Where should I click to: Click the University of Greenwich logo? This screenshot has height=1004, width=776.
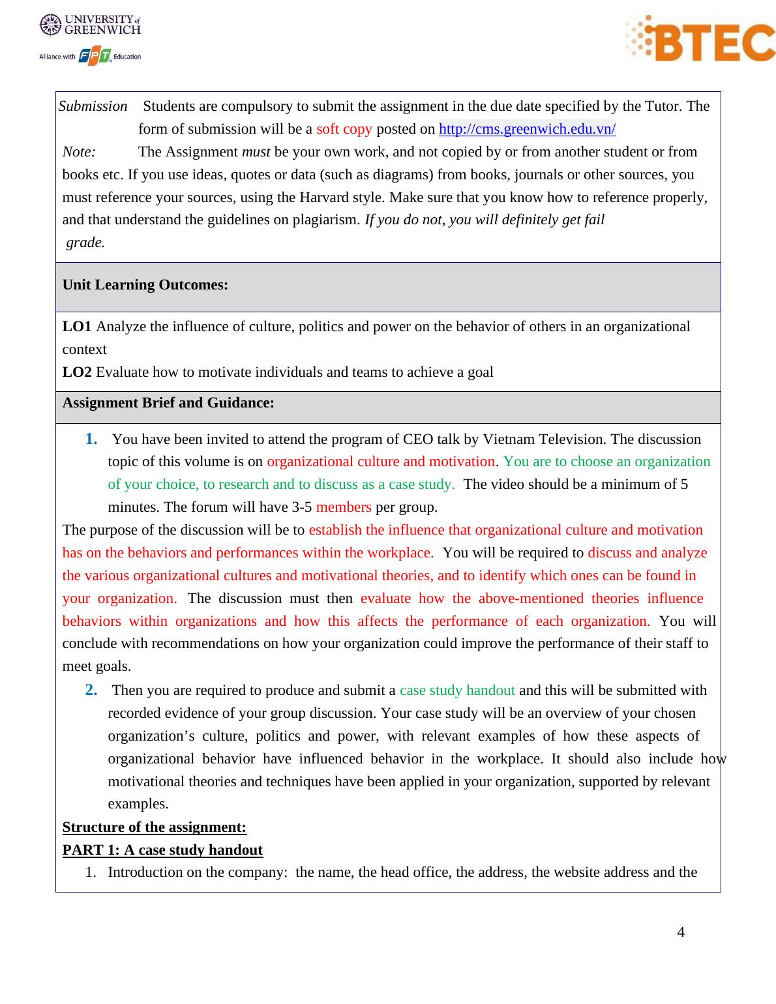click(x=90, y=25)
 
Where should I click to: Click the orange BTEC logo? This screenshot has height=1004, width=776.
click(x=700, y=38)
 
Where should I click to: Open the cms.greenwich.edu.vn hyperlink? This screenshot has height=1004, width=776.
click(x=527, y=129)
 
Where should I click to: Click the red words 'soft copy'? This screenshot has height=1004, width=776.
click(x=344, y=129)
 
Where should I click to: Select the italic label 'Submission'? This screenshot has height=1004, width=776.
click(x=93, y=106)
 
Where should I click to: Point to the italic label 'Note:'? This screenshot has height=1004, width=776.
click(x=79, y=152)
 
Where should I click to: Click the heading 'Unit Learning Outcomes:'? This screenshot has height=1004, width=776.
click(x=145, y=285)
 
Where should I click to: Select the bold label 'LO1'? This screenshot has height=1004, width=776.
click(x=77, y=327)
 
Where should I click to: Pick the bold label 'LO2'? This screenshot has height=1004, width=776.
click(x=77, y=372)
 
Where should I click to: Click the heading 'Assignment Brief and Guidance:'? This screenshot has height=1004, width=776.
click(x=168, y=403)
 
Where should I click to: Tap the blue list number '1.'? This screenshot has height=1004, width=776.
click(x=91, y=439)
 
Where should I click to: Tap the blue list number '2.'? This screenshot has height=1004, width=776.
click(x=91, y=690)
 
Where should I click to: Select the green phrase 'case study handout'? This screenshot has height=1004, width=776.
click(x=457, y=690)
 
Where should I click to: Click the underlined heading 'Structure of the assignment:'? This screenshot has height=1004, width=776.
click(x=155, y=827)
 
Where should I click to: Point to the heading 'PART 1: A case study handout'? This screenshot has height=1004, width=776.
click(x=162, y=850)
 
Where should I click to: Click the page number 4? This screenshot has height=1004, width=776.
click(x=681, y=932)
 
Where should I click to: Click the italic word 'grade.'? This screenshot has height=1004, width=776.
click(x=85, y=243)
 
